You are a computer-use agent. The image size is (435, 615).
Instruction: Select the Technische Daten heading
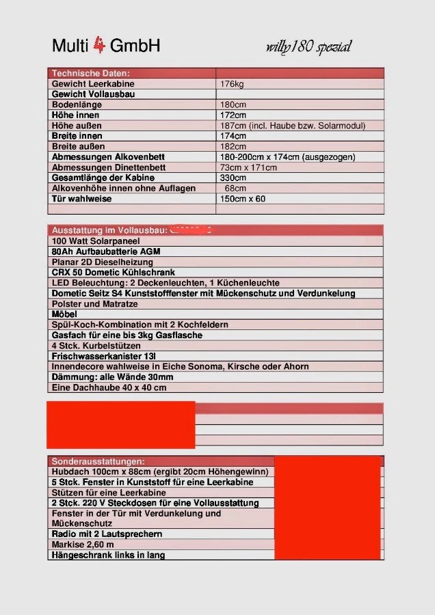coord(90,73)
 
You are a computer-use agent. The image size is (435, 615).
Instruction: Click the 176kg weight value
coord(232,84)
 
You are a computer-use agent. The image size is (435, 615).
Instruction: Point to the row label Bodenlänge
coord(77,105)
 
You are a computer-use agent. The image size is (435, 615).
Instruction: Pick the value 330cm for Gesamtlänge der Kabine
coord(233,178)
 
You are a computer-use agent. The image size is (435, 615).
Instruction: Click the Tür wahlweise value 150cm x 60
coord(243,199)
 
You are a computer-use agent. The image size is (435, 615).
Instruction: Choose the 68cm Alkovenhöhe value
coord(235,188)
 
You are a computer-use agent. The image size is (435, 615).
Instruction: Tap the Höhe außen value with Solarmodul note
coord(293,126)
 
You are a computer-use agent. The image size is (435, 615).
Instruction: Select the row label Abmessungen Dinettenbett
coord(108,167)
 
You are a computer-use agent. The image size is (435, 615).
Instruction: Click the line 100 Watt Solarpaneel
coord(95,241)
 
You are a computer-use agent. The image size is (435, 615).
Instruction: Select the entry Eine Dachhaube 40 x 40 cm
coord(109,387)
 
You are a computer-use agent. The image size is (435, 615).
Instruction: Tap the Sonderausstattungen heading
coord(98,461)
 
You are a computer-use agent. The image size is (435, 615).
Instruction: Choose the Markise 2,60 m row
coord(83,545)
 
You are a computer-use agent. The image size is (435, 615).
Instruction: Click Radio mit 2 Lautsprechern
coord(107,534)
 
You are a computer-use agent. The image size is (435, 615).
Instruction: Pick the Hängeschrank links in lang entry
coord(108,555)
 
